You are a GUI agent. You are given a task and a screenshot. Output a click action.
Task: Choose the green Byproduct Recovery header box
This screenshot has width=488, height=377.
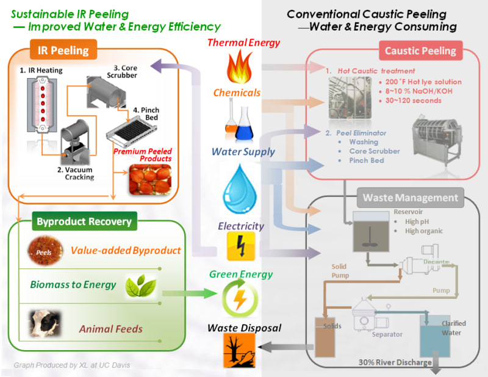pyautogui.click(x=84, y=221)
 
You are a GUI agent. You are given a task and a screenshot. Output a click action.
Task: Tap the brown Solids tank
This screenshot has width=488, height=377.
pyautogui.click(x=325, y=337)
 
